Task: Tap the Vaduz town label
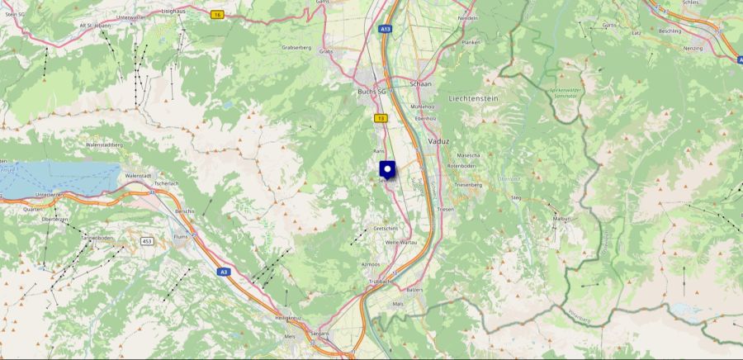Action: tap(439, 141)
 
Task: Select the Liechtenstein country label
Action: tap(473, 98)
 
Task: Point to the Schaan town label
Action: tap(421, 84)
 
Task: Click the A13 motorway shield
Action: tap(386, 29)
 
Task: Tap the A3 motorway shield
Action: tap(224, 271)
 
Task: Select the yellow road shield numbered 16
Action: tap(216, 15)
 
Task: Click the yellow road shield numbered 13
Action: tap(380, 119)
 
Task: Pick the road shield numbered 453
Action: tap(146, 240)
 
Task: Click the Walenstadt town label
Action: tap(138, 176)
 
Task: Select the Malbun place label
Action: tap(561, 219)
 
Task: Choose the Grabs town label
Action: tap(325, 51)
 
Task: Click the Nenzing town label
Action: tap(693, 49)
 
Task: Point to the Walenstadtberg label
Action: tap(104, 144)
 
